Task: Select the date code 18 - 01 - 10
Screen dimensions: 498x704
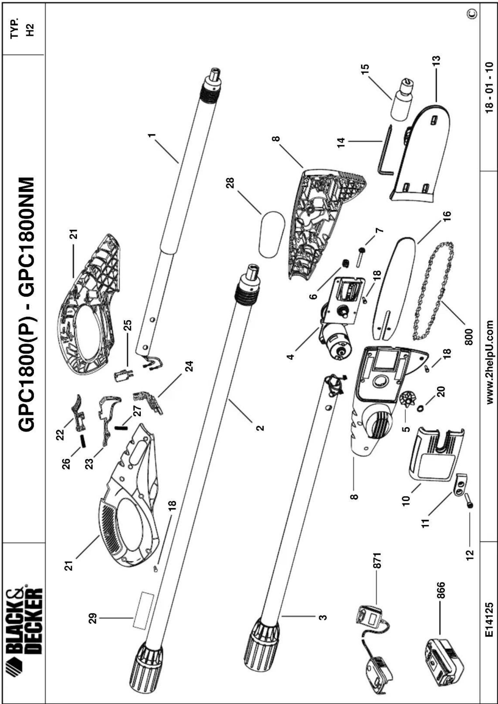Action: pos(489,88)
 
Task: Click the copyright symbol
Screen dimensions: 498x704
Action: pos(472,13)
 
